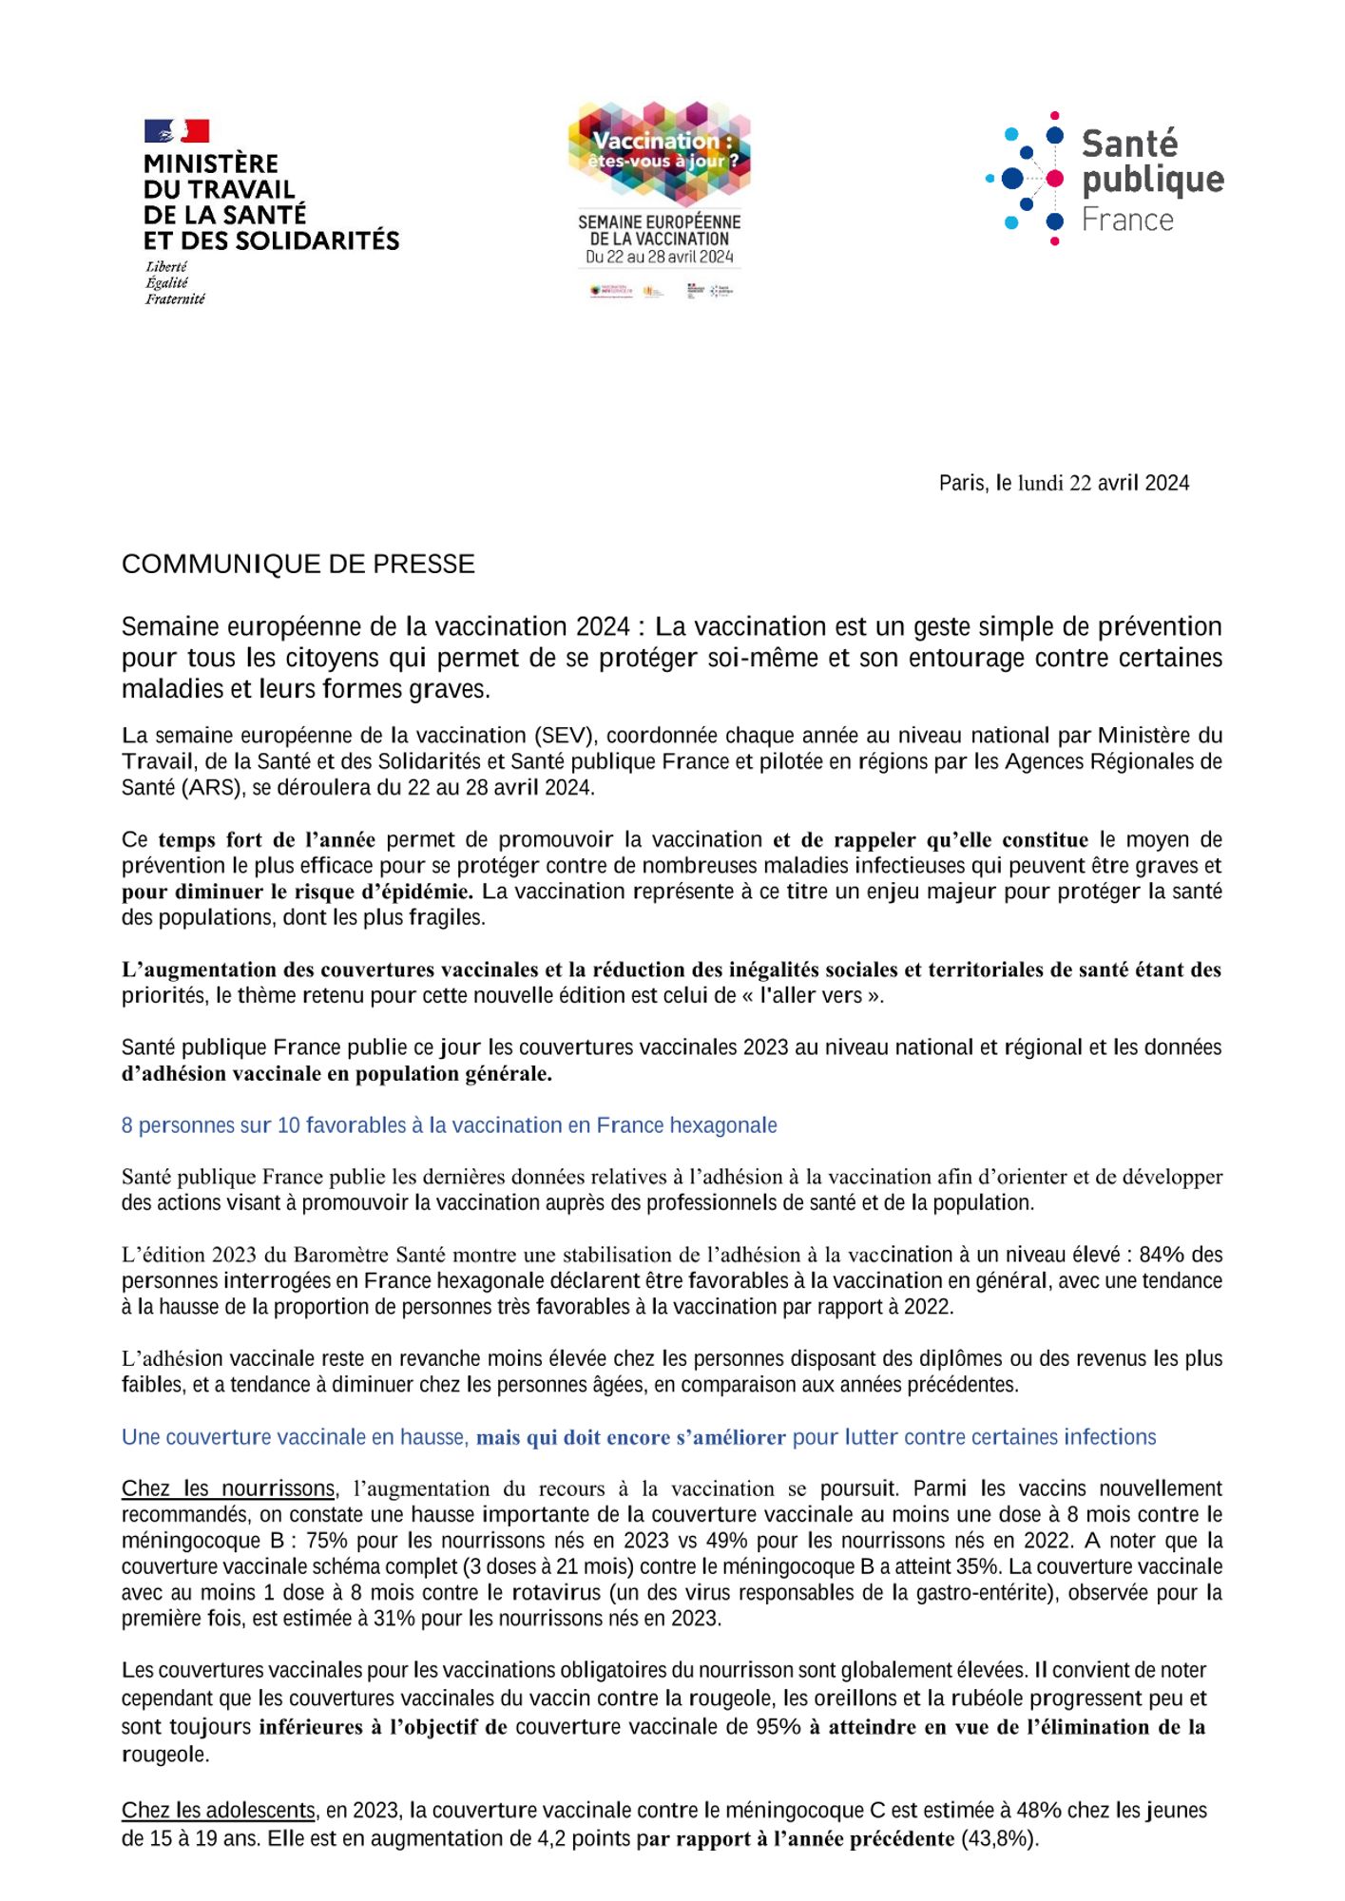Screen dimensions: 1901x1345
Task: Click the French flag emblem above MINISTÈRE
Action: coord(176,130)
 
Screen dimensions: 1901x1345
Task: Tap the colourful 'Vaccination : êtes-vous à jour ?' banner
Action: coord(659,152)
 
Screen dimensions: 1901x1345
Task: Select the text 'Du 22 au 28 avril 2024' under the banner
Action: coord(659,257)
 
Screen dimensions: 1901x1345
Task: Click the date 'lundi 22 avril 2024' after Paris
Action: coord(1103,483)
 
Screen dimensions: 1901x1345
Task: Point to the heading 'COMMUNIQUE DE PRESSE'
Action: coord(298,565)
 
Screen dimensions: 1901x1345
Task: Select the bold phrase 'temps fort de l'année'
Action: coord(266,840)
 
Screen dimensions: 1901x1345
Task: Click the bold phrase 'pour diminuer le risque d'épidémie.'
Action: coord(297,892)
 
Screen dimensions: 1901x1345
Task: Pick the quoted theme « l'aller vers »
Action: coord(813,995)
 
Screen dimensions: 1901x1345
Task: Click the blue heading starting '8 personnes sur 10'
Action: coord(449,1125)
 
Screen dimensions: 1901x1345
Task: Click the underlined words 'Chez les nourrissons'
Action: coord(228,1488)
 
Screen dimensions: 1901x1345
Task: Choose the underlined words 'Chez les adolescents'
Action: coord(218,1810)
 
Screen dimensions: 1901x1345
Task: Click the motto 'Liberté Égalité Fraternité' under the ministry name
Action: coord(175,283)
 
